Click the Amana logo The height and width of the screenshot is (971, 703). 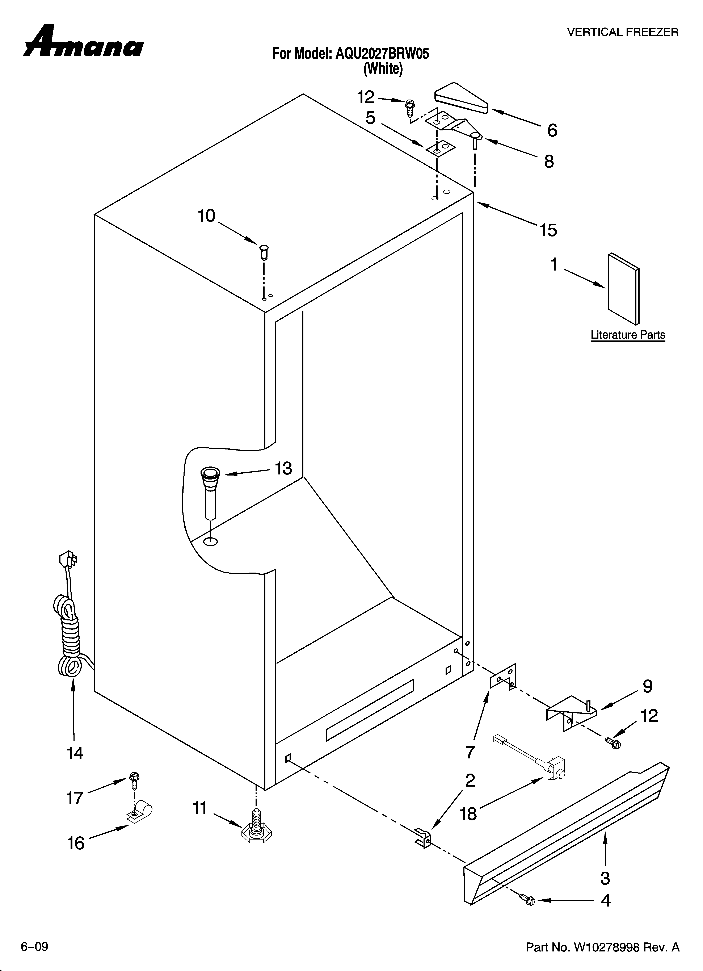pyautogui.click(x=84, y=43)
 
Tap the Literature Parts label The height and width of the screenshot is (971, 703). pyautogui.click(x=628, y=335)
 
